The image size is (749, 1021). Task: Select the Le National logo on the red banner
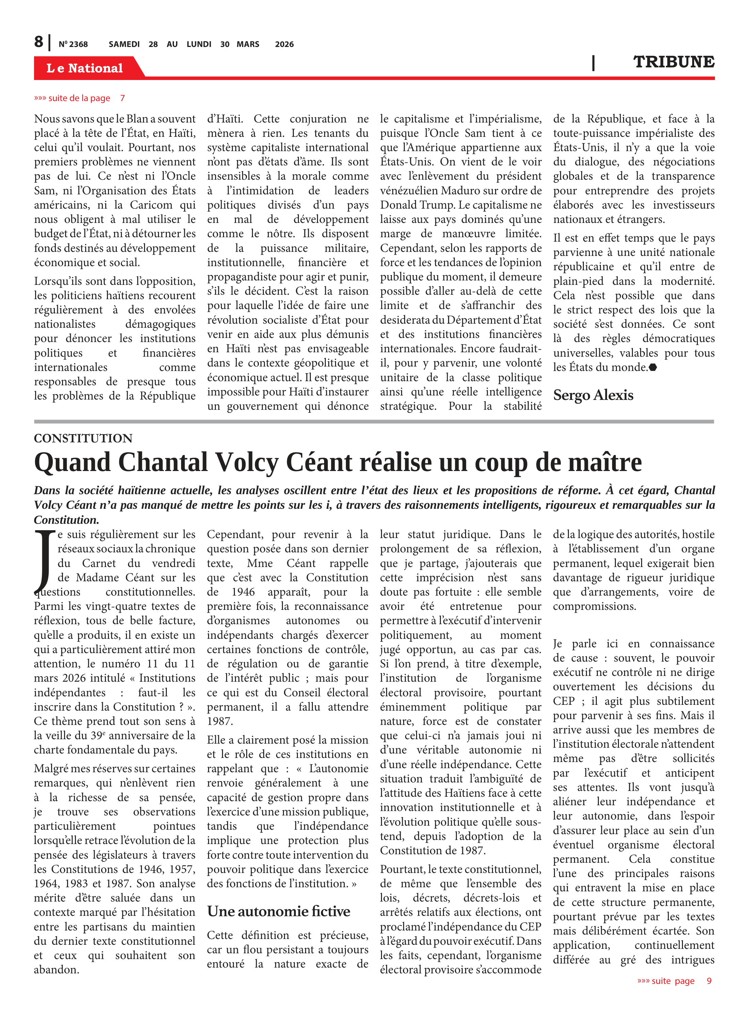(84, 68)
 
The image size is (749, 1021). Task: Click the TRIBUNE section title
(673, 62)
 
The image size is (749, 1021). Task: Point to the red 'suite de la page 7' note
(79, 98)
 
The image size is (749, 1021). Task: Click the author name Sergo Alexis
(593, 395)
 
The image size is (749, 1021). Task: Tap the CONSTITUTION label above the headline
(83, 438)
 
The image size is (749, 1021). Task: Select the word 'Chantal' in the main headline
(165, 463)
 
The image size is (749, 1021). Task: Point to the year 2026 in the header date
(284, 44)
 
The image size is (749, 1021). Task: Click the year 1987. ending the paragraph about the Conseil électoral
(220, 721)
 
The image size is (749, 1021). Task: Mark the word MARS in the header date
(248, 44)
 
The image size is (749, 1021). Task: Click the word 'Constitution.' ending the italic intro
(66, 520)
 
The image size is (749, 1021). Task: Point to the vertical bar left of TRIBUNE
(593, 63)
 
